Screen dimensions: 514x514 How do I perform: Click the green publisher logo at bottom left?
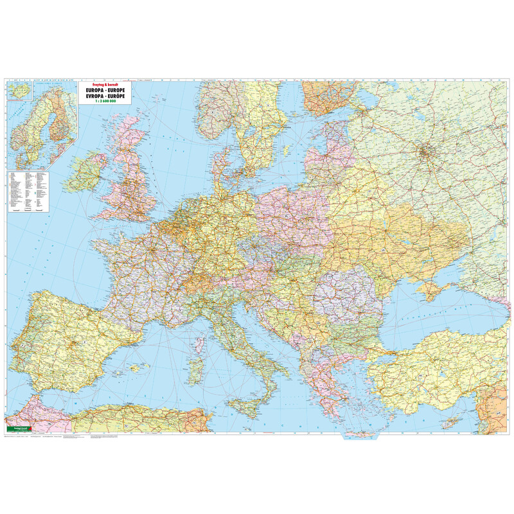(15, 429)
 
